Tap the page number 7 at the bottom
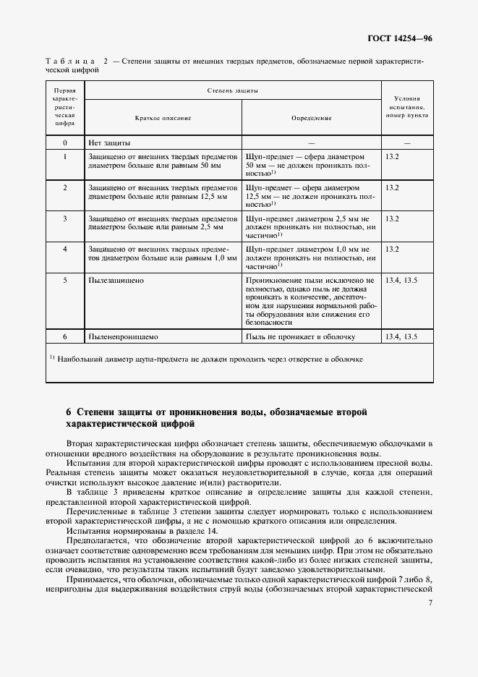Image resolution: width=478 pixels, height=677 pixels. [x=430, y=603]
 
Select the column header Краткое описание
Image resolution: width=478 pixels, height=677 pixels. [x=163, y=117]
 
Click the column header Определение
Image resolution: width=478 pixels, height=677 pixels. [x=311, y=117]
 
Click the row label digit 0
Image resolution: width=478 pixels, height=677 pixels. [x=65, y=143]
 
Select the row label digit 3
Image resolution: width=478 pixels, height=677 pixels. [x=65, y=218]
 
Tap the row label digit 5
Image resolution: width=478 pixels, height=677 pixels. [x=65, y=278]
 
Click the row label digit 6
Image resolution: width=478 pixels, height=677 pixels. [x=65, y=336]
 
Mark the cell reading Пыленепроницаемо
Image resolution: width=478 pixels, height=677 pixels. [x=123, y=336]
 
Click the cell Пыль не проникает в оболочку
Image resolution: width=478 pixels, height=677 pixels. [x=300, y=336]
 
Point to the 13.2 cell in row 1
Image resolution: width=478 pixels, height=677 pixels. [x=392, y=156]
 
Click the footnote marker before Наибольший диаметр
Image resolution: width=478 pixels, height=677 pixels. [x=52, y=357]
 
